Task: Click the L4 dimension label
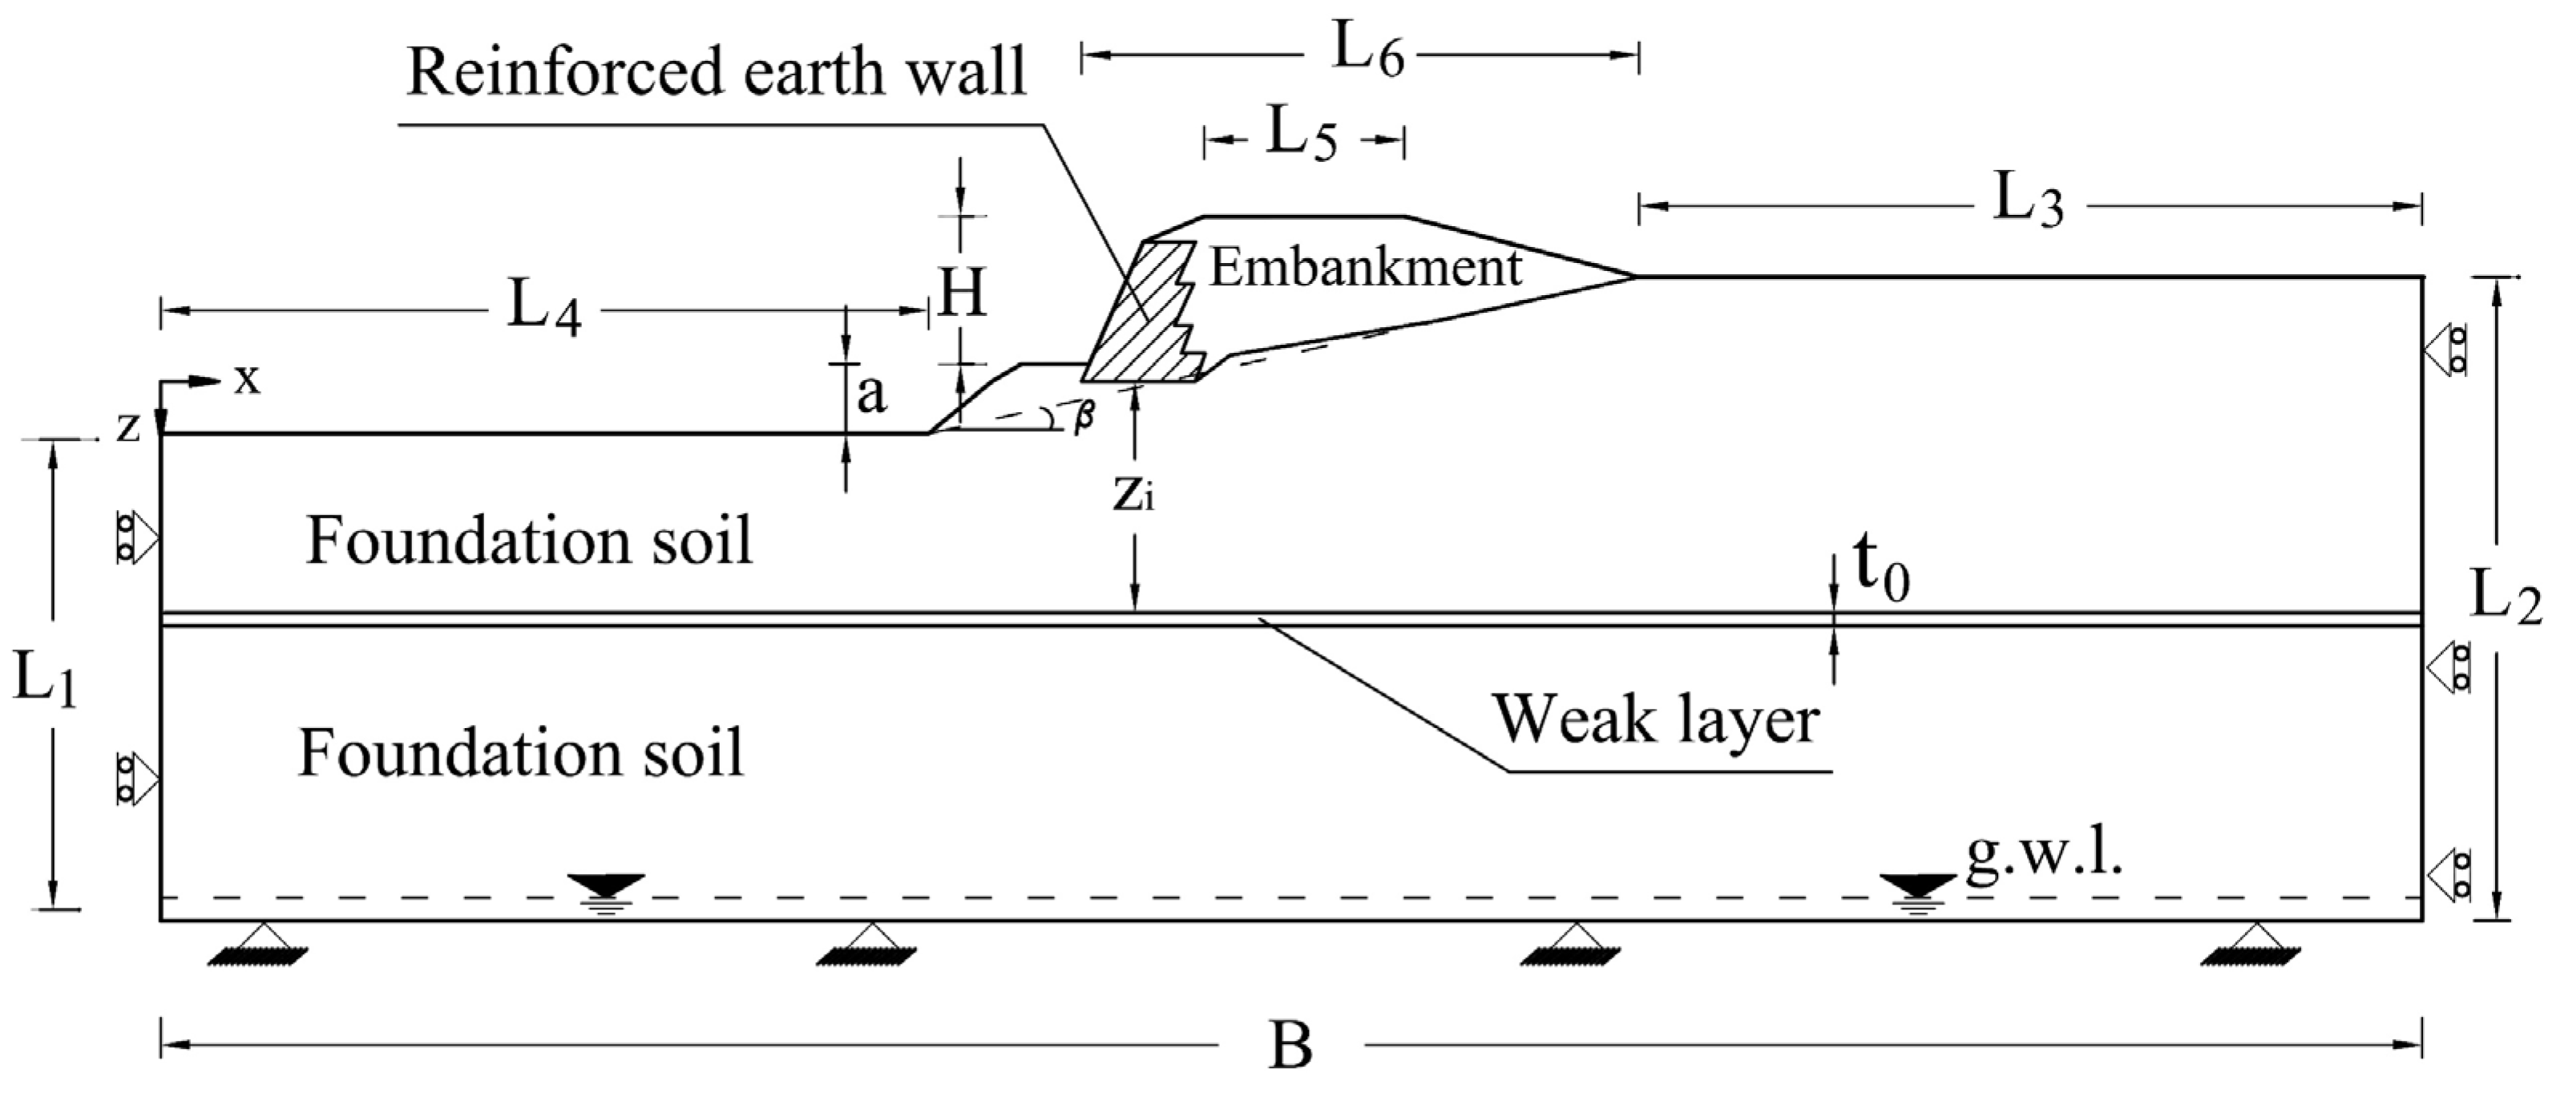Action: tap(543, 310)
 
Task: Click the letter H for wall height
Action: tap(962, 293)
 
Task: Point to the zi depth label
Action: tap(1133, 492)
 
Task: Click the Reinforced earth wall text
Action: tap(717, 72)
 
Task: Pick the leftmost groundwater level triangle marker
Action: tap(606, 885)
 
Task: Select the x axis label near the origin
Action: tap(247, 379)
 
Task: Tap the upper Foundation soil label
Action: tap(529, 542)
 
